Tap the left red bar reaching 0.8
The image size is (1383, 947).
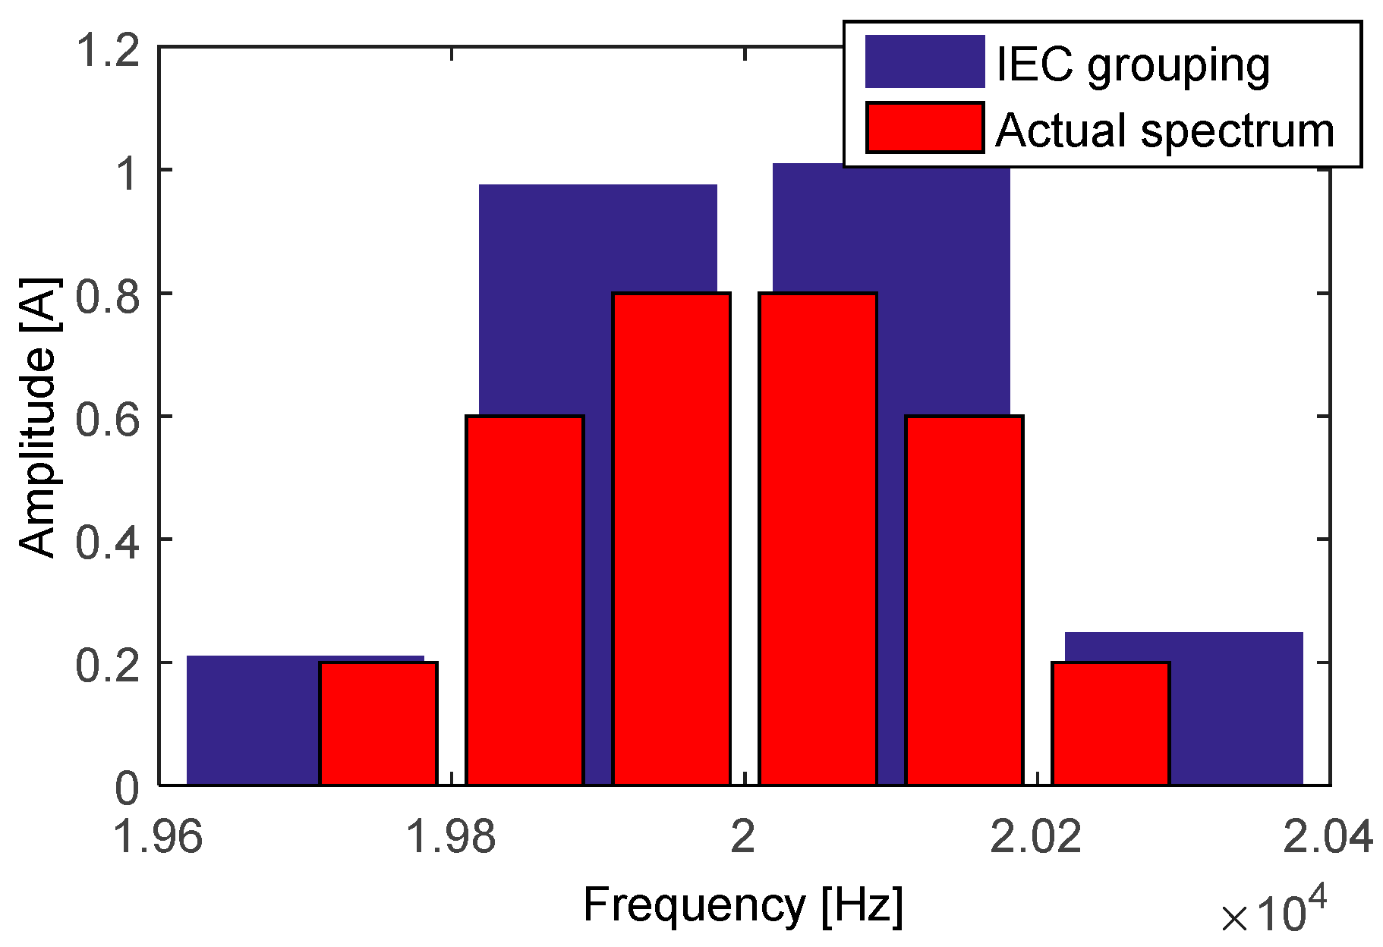[x=671, y=539]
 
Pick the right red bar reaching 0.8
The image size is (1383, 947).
[x=818, y=539]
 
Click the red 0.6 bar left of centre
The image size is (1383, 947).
[x=525, y=599]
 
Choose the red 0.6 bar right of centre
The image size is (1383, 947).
[x=964, y=599]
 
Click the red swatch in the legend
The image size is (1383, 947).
[x=925, y=127]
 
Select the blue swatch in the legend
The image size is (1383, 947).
[x=925, y=61]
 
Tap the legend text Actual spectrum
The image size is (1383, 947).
[x=1164, y=131]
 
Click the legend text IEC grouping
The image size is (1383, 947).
[x=1132, y=65]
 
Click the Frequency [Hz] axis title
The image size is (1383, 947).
[x=742, y=905]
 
